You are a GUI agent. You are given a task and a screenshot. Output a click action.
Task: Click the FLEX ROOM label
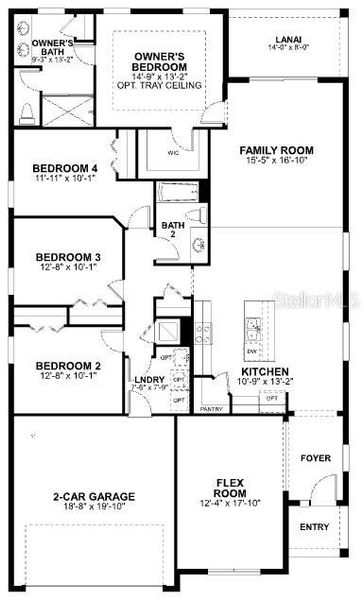tap(231, 488)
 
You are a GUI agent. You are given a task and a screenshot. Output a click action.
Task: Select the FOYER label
tap(314, 458)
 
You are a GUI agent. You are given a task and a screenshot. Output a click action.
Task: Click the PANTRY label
tap(211, 408)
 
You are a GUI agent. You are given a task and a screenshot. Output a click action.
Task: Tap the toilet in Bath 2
tap(199, 215)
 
